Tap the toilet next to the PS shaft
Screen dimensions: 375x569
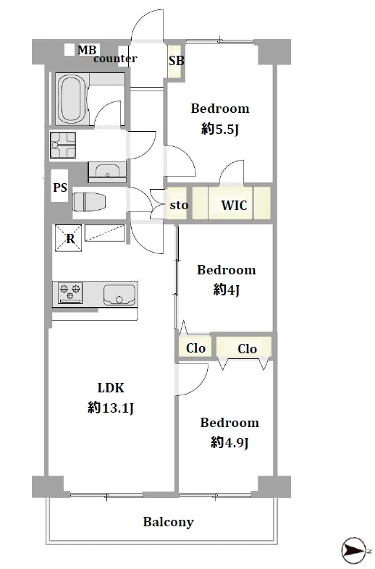[89, 202]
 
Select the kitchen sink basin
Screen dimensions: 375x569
[119, 295]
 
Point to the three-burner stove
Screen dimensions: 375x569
[69, 293]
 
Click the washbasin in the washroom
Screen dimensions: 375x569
[107, 172]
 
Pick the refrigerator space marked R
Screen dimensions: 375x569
[68, 238]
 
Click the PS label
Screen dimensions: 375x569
[60, 187]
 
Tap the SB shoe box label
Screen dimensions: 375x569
[177, 60]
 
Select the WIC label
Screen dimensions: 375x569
[234, 205]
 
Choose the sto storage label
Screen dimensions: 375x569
[179, 205]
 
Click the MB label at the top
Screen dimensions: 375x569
[87, 50]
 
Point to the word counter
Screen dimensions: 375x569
[115, 59]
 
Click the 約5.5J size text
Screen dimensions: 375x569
[220, 129]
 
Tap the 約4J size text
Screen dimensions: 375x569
[227, 290]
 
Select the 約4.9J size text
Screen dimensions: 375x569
[229, 442]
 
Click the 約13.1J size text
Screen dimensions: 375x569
[111, 408]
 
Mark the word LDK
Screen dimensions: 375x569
[111, 388]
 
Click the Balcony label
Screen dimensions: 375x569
[169, 522]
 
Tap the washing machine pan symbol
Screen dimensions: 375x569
[63, 145]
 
